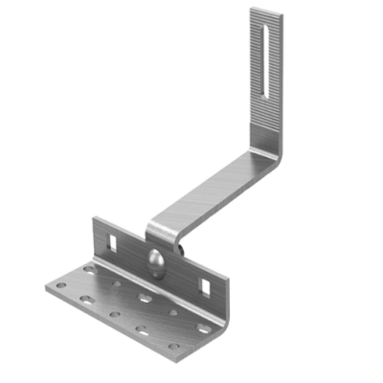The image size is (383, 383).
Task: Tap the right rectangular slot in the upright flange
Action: tap(204, 282)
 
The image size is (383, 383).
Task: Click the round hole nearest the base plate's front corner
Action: tap(175, 346)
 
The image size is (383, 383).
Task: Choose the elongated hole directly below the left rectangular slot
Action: tap(89, 271)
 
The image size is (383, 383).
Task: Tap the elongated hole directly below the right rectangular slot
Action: tap(202, 327)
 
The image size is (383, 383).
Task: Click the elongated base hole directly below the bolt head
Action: tap(144, 298)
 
